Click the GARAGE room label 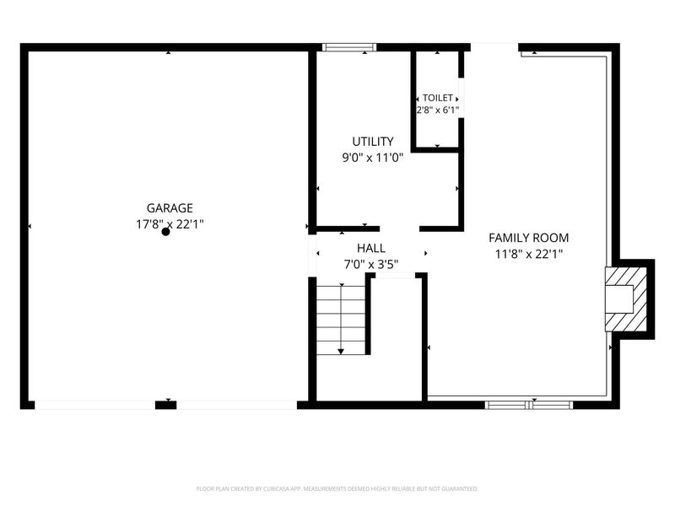click(x=170, y=208)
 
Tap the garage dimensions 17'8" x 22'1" click(x=170, y=224)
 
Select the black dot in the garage click(x=165, y=232)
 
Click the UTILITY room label click(x=373, y=142)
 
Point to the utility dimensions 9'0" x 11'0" click(x=373, y=158)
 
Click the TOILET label click(x=437, y=98)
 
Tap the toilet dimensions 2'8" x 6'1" click(x=437, y=110)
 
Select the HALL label click(x=371, y=248)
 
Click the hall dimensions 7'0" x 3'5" click(x=371, y=264)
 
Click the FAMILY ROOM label click(x=529, y=238)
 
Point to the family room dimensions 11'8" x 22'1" click(x=529, y=254)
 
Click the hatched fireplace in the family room click(x=626, y=299)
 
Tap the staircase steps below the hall click(x=341, y=320)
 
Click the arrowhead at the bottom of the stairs click(x=341, y=352)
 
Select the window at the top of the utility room click(x=349, y=47)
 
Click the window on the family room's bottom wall click(x=529, y=405)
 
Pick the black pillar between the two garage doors click(x=165, y=405)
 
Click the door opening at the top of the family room click(x=494, y=47)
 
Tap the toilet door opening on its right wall click(x=461, y=98)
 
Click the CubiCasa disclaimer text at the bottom click(x=337, y=489)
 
